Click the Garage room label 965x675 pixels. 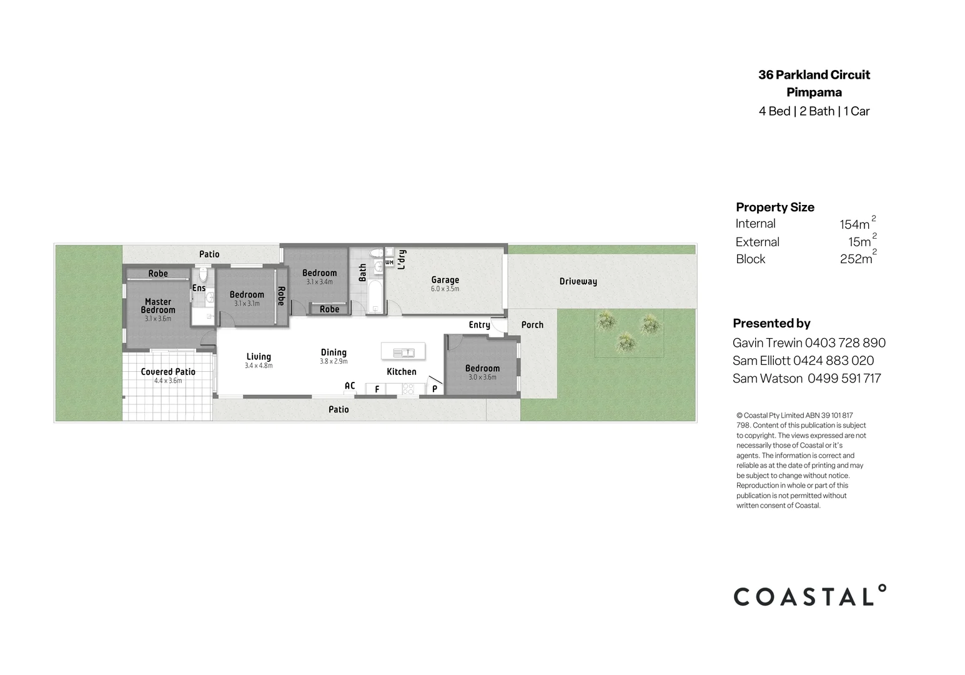point(445,280)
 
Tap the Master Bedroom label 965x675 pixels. point(158,306)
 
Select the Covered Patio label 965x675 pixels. point(168,372)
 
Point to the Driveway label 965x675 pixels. point(578,281)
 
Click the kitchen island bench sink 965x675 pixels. point(403,352)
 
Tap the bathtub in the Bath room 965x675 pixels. point(374,297)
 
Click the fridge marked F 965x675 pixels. point(377,389)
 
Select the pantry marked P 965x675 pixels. point(435,389)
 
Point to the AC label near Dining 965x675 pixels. point(350,386)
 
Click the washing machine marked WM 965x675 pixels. point(389,262)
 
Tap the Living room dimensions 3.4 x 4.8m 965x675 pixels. point(259,366)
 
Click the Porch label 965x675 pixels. point(532,325)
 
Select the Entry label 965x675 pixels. point(479,325)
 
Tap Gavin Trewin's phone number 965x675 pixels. point(845,342)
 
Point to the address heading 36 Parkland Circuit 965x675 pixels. point(814,75)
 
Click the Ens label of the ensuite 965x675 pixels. point(199,288)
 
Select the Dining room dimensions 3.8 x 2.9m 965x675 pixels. point(334,361)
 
